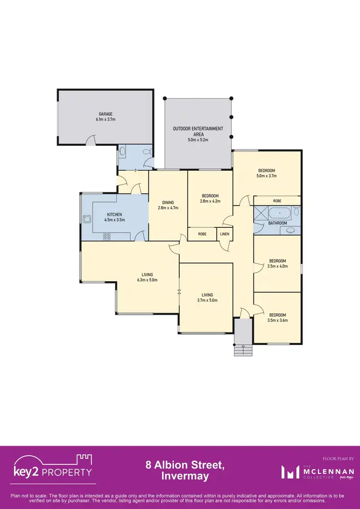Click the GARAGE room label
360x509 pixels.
pyautogui.click(x=106, y=114)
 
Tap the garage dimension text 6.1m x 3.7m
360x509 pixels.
pyautogui.click(x=106, y=119)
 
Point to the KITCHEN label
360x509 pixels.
pyautogui.click(x=114, y=214)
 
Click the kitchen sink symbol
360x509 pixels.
pyautogui.click(x=87, y=219)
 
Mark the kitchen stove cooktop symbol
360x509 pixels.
pyautogui.click(x=107, y=236)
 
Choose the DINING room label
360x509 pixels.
pyautogui.click(x=168, y=202)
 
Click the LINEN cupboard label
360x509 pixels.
pyautogui.click(x=224, y=234)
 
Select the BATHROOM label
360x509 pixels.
pyautogui.click(x=277, y=223)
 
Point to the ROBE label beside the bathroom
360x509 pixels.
pyautogui.click(x=277, y=201)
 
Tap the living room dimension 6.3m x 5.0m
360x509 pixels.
pyautogui.click(x=147, y=280)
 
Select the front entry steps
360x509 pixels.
pyautogui.click(x=242, y=350)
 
